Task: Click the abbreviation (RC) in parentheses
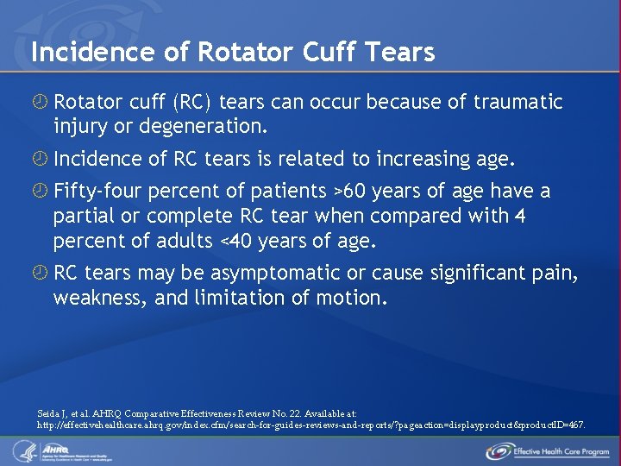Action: pos(193,103)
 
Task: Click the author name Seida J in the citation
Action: pos(54,413)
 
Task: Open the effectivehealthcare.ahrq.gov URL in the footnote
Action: pos(310,425)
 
